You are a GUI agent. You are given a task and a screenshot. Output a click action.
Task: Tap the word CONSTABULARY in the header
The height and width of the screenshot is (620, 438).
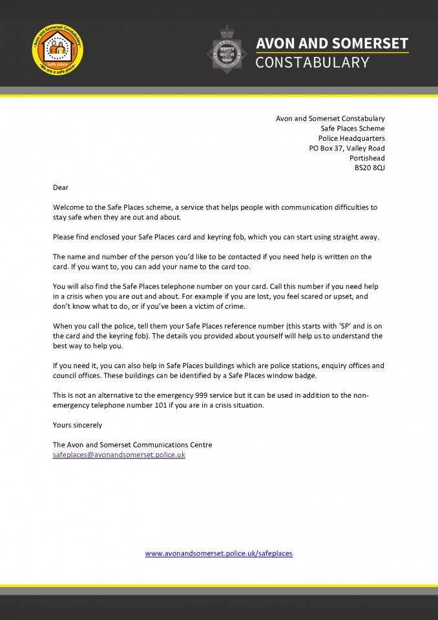313,63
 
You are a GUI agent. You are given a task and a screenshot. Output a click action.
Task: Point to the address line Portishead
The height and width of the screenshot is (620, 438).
367,158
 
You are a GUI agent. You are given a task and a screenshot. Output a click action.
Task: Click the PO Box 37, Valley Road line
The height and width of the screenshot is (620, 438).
346,149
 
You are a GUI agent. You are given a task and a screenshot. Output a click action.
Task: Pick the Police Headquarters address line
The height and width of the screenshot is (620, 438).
351,138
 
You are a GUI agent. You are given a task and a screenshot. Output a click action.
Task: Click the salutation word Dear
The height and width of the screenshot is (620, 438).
61,187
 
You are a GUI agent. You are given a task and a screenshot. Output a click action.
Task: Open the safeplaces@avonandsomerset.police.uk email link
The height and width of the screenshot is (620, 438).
119,455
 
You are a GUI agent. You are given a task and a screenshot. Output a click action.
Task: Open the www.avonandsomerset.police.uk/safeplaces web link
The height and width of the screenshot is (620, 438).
218,553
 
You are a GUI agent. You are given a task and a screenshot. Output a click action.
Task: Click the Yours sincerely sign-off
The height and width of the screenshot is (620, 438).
78,425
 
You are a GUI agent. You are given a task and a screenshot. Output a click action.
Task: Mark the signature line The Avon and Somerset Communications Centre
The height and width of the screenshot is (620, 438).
132,445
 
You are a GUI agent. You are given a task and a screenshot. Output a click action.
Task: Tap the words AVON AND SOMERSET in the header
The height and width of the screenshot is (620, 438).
332,43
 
